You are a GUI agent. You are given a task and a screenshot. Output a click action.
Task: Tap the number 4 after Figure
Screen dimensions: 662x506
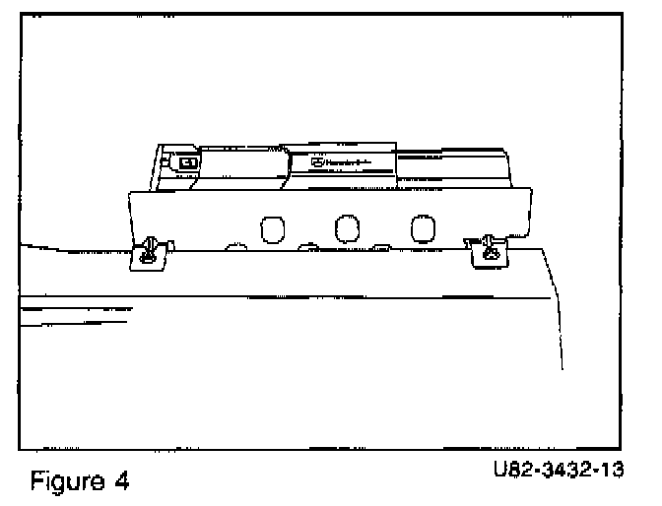click(124, 481)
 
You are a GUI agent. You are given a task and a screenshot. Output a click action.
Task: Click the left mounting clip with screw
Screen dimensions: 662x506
click(148, 252)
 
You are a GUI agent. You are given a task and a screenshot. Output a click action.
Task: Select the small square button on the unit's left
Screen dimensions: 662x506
click(186, 163)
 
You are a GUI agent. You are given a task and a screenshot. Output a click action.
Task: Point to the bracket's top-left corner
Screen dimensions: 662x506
click(132, 194)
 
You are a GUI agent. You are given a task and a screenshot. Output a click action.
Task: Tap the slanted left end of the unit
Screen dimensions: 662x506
click(158, 167)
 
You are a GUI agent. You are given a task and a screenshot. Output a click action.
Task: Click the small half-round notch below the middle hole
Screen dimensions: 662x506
click(307, 245)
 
